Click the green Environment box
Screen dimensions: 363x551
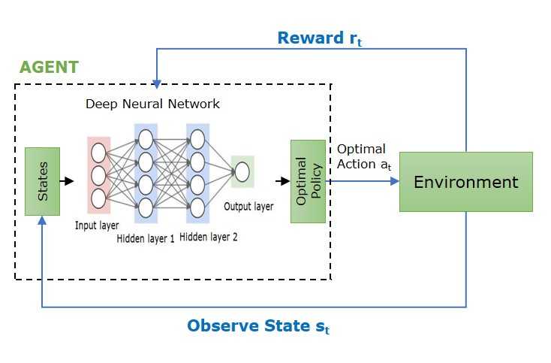pyautogui.click(x=465, y=182)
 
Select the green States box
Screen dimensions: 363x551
pyautogui.click(x=42, y=181)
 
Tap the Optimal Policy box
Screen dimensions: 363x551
pyautogui.click(x=308, y=181)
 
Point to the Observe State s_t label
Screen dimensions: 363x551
pyautogui.click(x=259, y=326)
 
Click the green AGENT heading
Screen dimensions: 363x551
pyautogui.click(x=49, y=66)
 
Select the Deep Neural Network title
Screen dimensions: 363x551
pyautogui.click(x=152, y=104)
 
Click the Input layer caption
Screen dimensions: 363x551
pyautogui.click(x=98, y=224)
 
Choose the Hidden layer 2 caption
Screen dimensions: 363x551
pyautogui.click(x=209, y=237)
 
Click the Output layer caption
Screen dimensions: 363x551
pyautogui.click(x=248, y=206)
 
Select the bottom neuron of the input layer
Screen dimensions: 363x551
pyautogui.click(x=98, y=198)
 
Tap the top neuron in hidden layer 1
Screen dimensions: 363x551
pyautogui.click(x=146, y=138)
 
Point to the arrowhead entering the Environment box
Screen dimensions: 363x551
pyautogui.click(x=394, y=181)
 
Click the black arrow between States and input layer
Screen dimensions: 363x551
pyautogui.click(x=68, y=181)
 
